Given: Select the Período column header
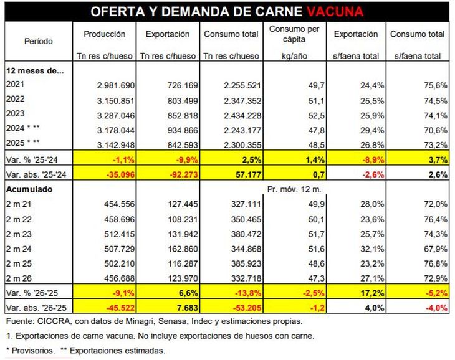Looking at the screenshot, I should click(39, 42).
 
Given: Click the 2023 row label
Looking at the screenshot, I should click(17, 115).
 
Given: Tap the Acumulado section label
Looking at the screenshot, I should click(29, 189).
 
